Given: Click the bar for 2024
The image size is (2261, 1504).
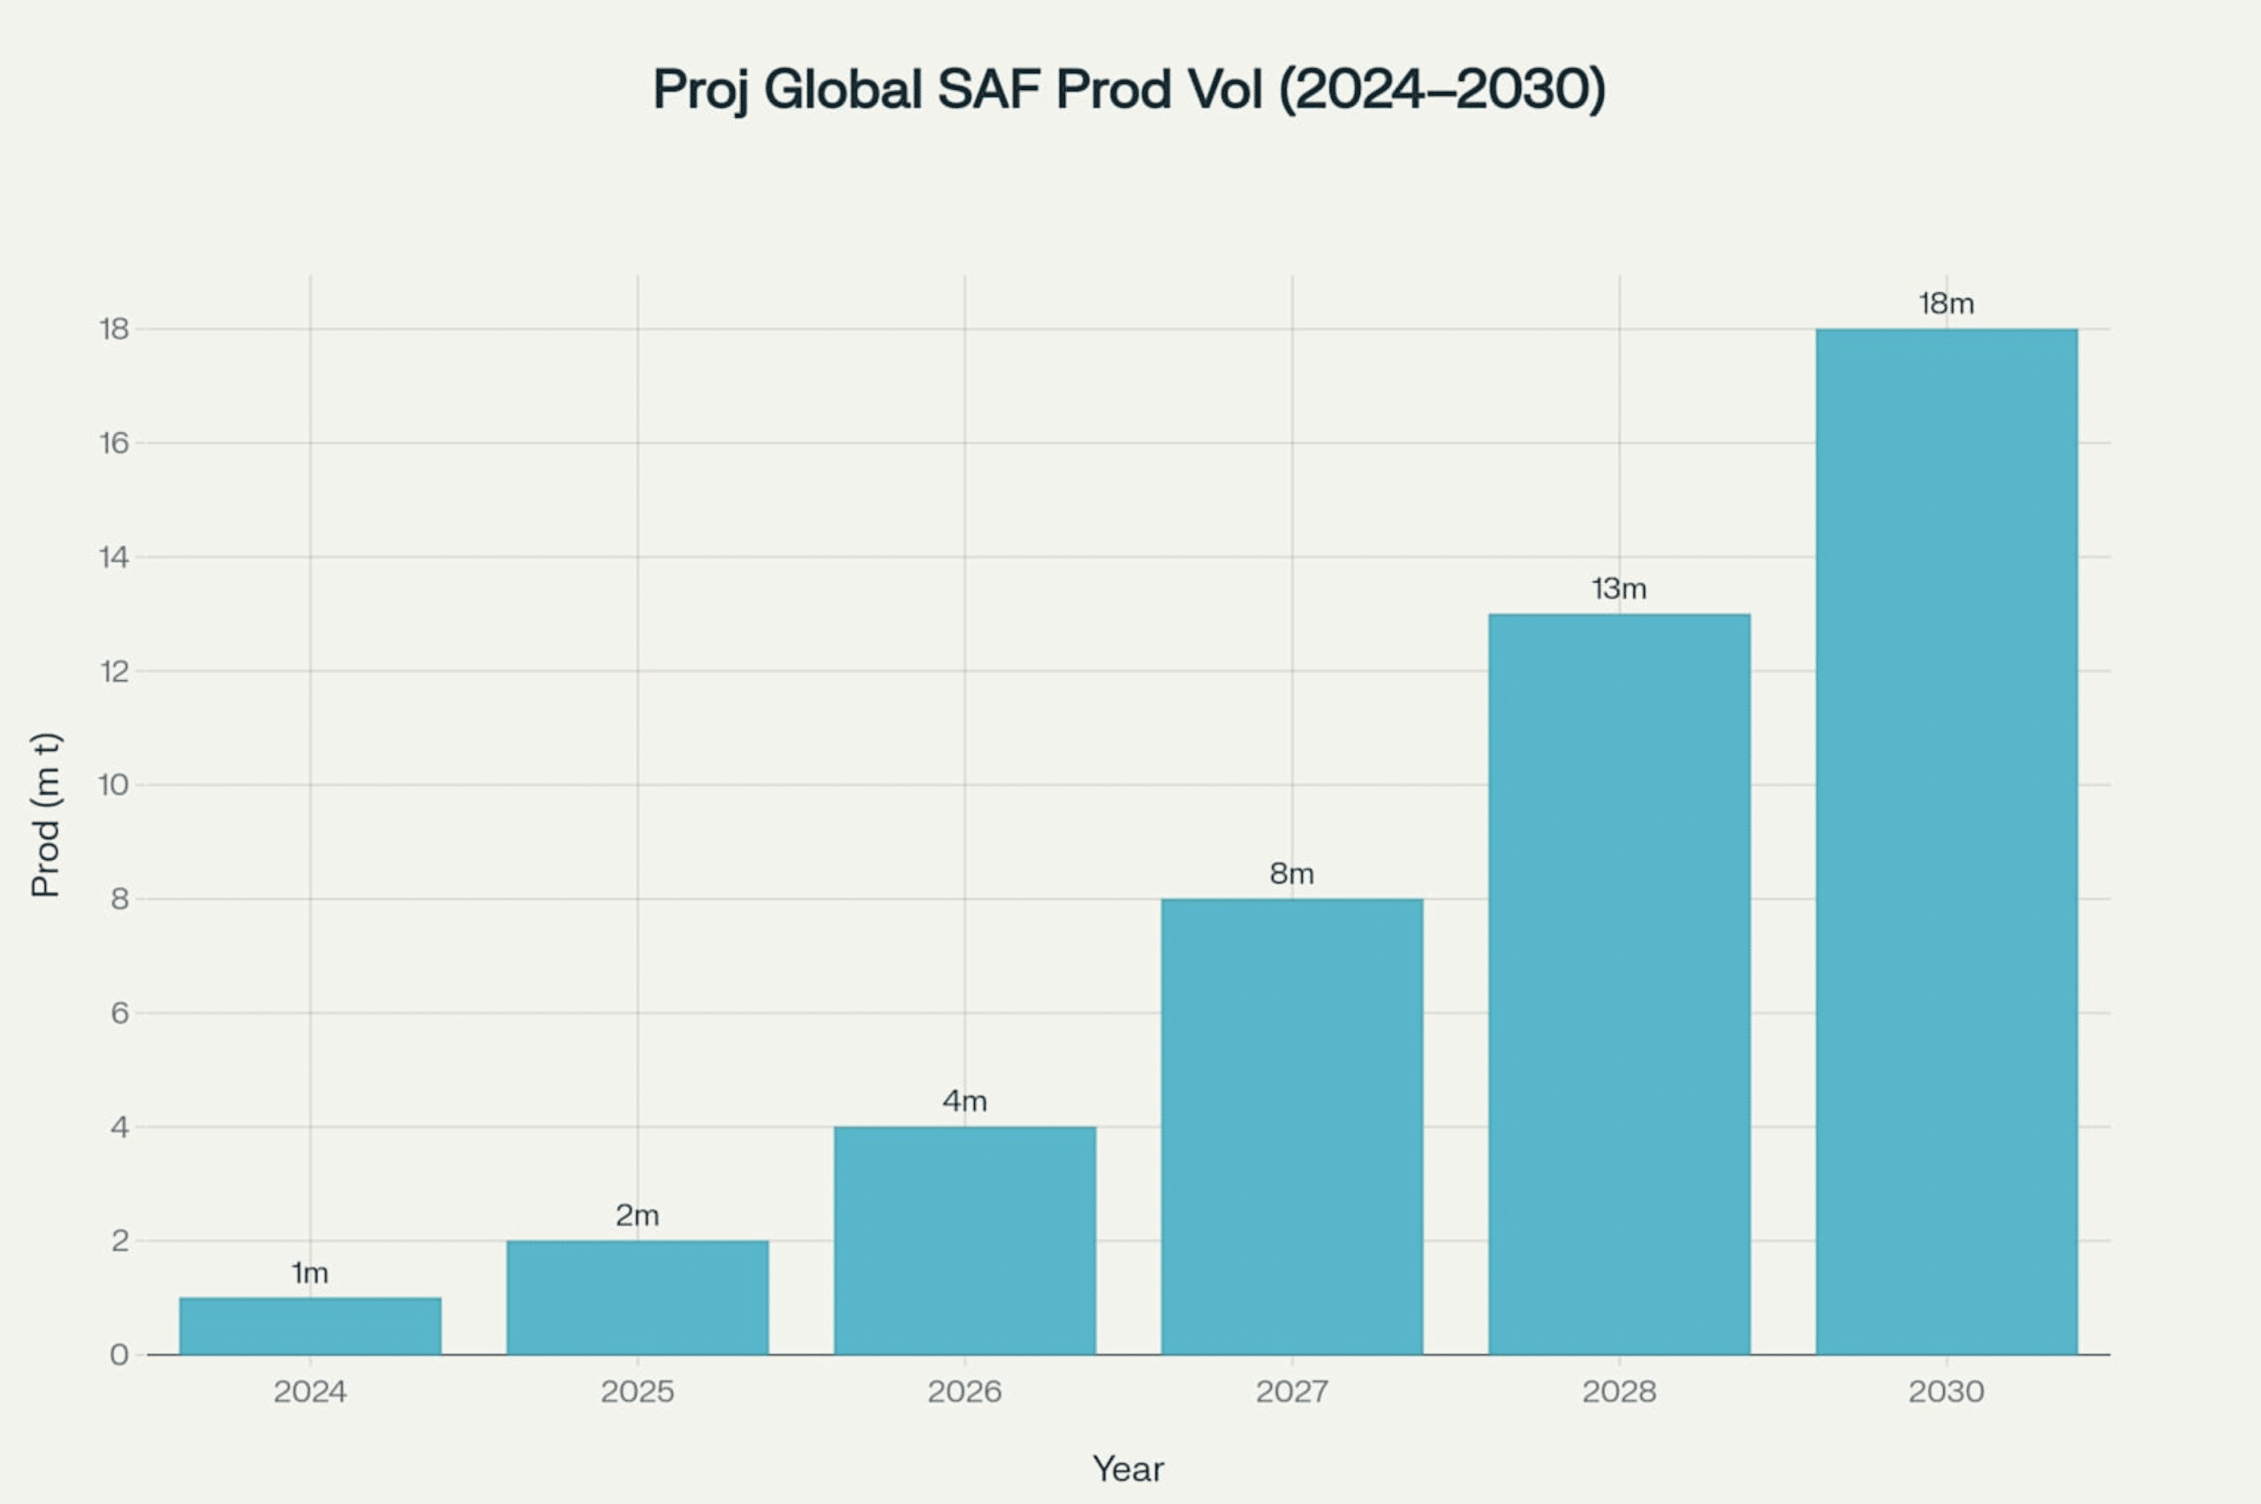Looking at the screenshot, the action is click(310, 1326).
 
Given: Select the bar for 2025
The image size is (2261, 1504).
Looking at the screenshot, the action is click(638, 1297).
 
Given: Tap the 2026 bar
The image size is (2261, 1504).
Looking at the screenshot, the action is click(965, 1240).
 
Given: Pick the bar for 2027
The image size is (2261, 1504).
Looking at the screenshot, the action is click(1292, 1127).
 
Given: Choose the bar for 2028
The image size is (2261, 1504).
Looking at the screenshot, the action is click(1619, 984).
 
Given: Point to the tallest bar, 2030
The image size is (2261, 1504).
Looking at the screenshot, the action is click(1947, 843).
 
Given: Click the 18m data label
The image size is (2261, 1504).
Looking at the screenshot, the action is click(1947, 304).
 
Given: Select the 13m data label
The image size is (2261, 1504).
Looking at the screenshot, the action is click(1619, 588).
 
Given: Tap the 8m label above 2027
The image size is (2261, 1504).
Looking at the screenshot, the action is click(1292, 873).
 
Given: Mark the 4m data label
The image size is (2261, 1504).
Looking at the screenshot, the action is click(965, 1101).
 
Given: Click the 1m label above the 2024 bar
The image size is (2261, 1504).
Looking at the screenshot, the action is click(310, 1273).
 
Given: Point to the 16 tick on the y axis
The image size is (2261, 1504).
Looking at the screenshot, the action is click(114, 443).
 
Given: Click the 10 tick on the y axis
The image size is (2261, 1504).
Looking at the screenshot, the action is click(114, 784).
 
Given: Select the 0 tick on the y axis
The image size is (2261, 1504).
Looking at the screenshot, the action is click(119, 1355).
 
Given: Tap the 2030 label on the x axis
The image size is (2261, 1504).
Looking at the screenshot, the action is click(1947, 1392).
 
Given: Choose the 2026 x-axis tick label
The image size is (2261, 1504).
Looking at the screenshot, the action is click(965, 1392).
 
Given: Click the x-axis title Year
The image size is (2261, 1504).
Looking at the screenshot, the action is click(1128, 1470).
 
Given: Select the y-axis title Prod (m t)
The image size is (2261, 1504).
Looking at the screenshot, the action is click(46, 815).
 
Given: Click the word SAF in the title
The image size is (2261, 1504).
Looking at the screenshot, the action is click(990, 89).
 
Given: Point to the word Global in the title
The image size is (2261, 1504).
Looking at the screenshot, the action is click(843, 89).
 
